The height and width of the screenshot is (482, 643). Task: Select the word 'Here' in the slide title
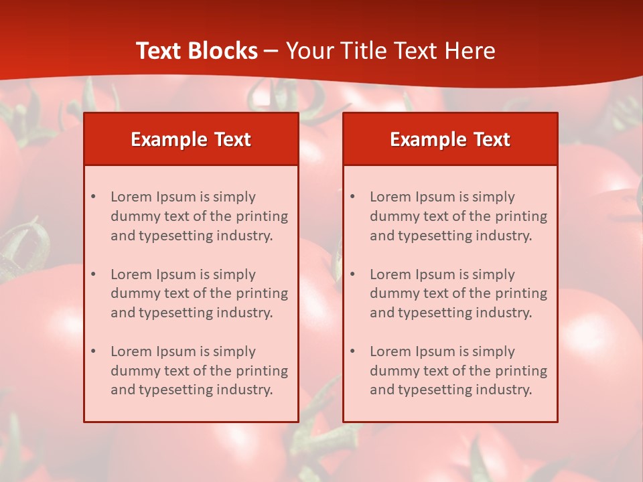click(471, 51)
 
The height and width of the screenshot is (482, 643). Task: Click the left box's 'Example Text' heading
click(191, 139)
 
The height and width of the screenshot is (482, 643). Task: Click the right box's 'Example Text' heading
click(450, 139)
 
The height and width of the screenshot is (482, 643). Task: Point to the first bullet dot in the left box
click(94, 197)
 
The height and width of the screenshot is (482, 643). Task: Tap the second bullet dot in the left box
click(94, 274)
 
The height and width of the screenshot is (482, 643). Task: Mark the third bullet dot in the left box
click(94, 351)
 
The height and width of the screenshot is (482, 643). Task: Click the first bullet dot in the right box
click(353, 197)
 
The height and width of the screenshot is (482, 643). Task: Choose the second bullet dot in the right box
click(353, 274)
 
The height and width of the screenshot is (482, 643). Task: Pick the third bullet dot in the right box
click(353, 351)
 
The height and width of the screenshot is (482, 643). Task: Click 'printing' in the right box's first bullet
click(521, 216)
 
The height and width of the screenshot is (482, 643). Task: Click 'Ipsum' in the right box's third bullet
click(437, 351)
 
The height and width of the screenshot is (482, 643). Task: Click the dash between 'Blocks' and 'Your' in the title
click(271, 51)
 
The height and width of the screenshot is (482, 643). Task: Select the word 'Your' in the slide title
click(309, 51)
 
